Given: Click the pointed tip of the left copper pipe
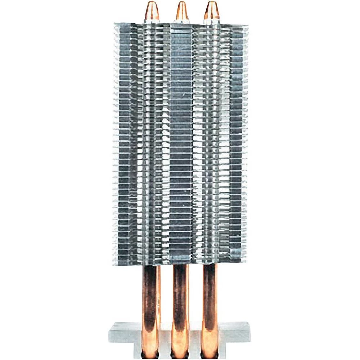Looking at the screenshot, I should [151, 4].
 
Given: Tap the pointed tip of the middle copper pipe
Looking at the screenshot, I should [181, 4].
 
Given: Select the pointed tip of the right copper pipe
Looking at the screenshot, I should [212, 4].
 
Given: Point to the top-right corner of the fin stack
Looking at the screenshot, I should [247, 26].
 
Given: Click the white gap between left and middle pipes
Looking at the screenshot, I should [166, 295].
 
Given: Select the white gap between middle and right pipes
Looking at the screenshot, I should [195, 295].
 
